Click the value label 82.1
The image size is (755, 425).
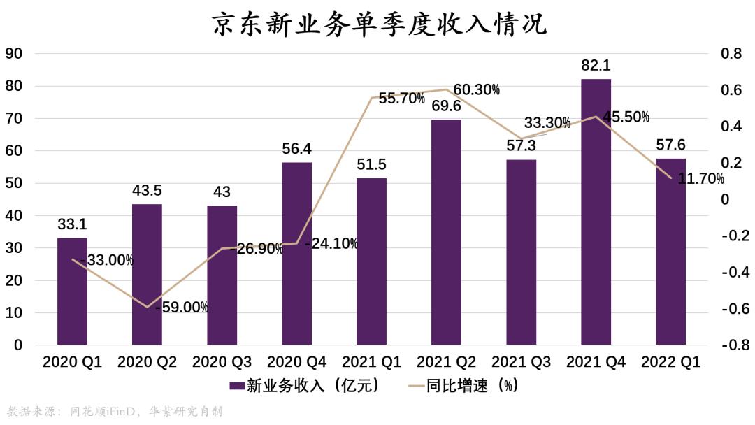tap(596, 66)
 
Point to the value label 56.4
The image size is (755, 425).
tap(296, 149)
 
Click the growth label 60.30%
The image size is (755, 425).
tap(476, 89)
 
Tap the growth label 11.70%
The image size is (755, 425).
tap(700, 179)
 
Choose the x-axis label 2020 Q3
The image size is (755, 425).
tap(222, 362)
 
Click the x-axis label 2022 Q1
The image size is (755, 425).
tap(670, 362)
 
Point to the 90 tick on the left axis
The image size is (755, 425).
tap(14, 54)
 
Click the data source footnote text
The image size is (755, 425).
tap(115, 411)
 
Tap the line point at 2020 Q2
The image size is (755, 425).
tap(147, 307)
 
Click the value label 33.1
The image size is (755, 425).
tap(72, 224)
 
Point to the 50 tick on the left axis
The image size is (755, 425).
tap(14, 184)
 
